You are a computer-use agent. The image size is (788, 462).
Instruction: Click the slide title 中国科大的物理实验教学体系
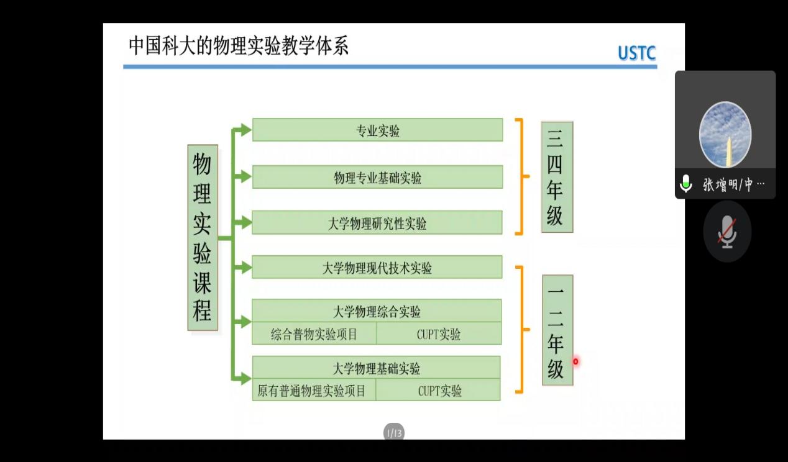click(x=238, y=46)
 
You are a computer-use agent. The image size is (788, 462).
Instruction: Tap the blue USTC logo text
click(x=636, y=53)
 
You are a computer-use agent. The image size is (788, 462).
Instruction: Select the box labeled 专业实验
click(x=377, y=130)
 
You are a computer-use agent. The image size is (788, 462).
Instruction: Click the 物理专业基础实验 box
click(x=377, y=178)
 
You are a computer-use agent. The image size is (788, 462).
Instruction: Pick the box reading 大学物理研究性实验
click(x=377, y=223)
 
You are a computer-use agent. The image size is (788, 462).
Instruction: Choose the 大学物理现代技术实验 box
click(x=377, y=268)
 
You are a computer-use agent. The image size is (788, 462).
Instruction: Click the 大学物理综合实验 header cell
click(x=377, y=310)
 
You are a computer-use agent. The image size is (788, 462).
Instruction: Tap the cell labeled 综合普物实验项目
click(x=314, y=334)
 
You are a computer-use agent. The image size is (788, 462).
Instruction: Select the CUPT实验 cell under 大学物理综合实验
click(x=439, y=334)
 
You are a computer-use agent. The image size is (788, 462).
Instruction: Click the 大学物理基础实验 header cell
click(x=377, y=368)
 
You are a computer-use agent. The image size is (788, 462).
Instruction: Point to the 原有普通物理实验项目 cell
click(x=314, y=391)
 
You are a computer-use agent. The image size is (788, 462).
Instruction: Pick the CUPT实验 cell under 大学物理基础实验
click(x=439, y=391)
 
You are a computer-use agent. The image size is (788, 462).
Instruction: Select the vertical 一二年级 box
click(x=557, y=330)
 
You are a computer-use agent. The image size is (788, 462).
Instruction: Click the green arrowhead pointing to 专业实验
click(x=245, y=130)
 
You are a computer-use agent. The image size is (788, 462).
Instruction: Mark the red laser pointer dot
click(x=575, y=361)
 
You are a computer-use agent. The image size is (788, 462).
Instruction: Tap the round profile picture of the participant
click(x=725, y=135)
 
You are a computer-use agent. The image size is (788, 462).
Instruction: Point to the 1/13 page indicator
click(x=394, y=433)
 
